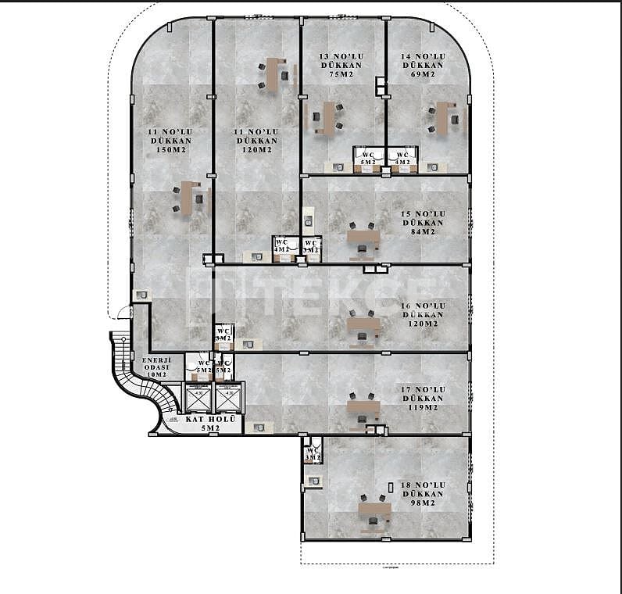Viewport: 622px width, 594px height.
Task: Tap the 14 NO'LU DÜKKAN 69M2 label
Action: [x=423, y=66]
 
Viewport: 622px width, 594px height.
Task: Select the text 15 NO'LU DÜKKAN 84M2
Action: [x=423, y=223]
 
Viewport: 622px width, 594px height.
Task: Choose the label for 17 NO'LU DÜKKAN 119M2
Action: [x=423, y=399]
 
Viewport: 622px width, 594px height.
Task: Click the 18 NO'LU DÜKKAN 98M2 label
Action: [x=423, y=494]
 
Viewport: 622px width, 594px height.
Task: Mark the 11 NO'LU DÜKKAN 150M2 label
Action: [x=170, y=141]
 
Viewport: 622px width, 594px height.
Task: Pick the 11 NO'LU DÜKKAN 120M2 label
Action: [x=257, y=141]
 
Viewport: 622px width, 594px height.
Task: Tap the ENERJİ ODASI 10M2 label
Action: [x=156, y=367]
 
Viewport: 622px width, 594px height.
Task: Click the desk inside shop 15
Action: [x=363, y=236]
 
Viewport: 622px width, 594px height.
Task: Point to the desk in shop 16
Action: [x=363, y=324]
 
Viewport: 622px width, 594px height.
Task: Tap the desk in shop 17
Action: [x=363, y=407]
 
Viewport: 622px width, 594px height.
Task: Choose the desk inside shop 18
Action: [x=374, y=510]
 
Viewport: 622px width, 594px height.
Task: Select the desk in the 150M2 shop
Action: [x=186, y=198]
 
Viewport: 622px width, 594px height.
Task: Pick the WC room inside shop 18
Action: [x=313, y=451]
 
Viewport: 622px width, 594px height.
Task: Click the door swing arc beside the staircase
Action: [x=122, y=312]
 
